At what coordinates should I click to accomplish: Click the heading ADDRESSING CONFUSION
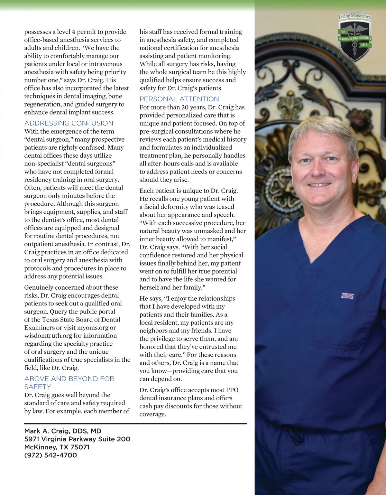69,123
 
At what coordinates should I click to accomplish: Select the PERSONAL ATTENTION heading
179,99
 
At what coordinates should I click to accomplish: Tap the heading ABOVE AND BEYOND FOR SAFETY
69,382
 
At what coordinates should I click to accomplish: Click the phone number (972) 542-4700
51,455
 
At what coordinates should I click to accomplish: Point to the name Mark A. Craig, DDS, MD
63,431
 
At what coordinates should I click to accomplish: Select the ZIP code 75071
80,447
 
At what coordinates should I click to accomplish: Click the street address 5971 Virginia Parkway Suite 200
77,439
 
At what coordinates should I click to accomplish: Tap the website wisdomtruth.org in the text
48,336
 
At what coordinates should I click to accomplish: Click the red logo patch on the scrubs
347,295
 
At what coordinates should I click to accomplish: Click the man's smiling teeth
319,185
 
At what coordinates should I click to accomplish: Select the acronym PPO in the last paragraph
232,390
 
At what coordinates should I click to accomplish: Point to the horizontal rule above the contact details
135,424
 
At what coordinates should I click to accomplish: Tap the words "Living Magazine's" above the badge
354,16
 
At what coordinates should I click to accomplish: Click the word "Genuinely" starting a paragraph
39,287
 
